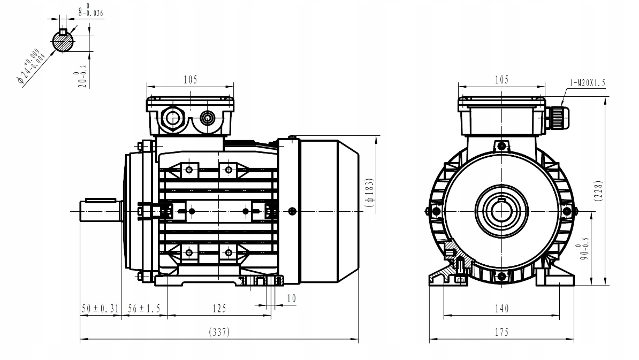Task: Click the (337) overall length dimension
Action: [219, 332]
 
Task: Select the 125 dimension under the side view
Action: [219, 309]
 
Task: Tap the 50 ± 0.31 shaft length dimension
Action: [100, 309]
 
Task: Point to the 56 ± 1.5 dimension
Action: [144, 309]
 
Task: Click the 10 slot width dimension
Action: [291, 298]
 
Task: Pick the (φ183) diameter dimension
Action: [370, 193]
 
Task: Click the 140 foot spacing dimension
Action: [501, 309]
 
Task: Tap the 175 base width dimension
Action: [501, 332]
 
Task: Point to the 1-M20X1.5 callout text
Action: [587, 83]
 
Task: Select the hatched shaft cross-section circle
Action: [63, 41]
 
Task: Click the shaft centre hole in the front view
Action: [501, 211]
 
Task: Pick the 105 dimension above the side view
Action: [191, 80]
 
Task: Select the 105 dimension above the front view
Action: [501, 80]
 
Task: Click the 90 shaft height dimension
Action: [583, 248]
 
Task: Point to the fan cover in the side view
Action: [329, 211]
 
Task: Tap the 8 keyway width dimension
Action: [90, 10]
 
